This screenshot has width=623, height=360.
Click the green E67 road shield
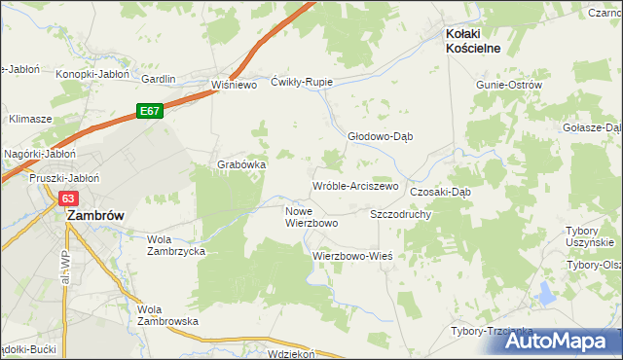click(x=148, y=112)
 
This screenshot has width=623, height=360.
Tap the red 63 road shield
click(x=67, y=198)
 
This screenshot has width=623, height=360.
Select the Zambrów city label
click(x=93, y=217)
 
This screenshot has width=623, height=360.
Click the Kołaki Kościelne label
click(x=479, y=40)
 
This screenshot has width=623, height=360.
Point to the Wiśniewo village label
click(x=234, y=85)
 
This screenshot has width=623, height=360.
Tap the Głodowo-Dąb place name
click(x=381, y=136)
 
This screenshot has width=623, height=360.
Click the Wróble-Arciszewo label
click(x=355, y=186)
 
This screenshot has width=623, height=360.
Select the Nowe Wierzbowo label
click(x=311, y=217)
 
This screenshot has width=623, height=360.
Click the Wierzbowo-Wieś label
click(x=351, y=256)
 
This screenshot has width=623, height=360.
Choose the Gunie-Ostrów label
click(x=508, y=85)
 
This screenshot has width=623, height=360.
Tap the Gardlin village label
click(x=159, y=79)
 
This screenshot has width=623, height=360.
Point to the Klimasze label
click(x=30, y=118)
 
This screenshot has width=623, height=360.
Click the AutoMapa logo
click(x=562, y=341)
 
